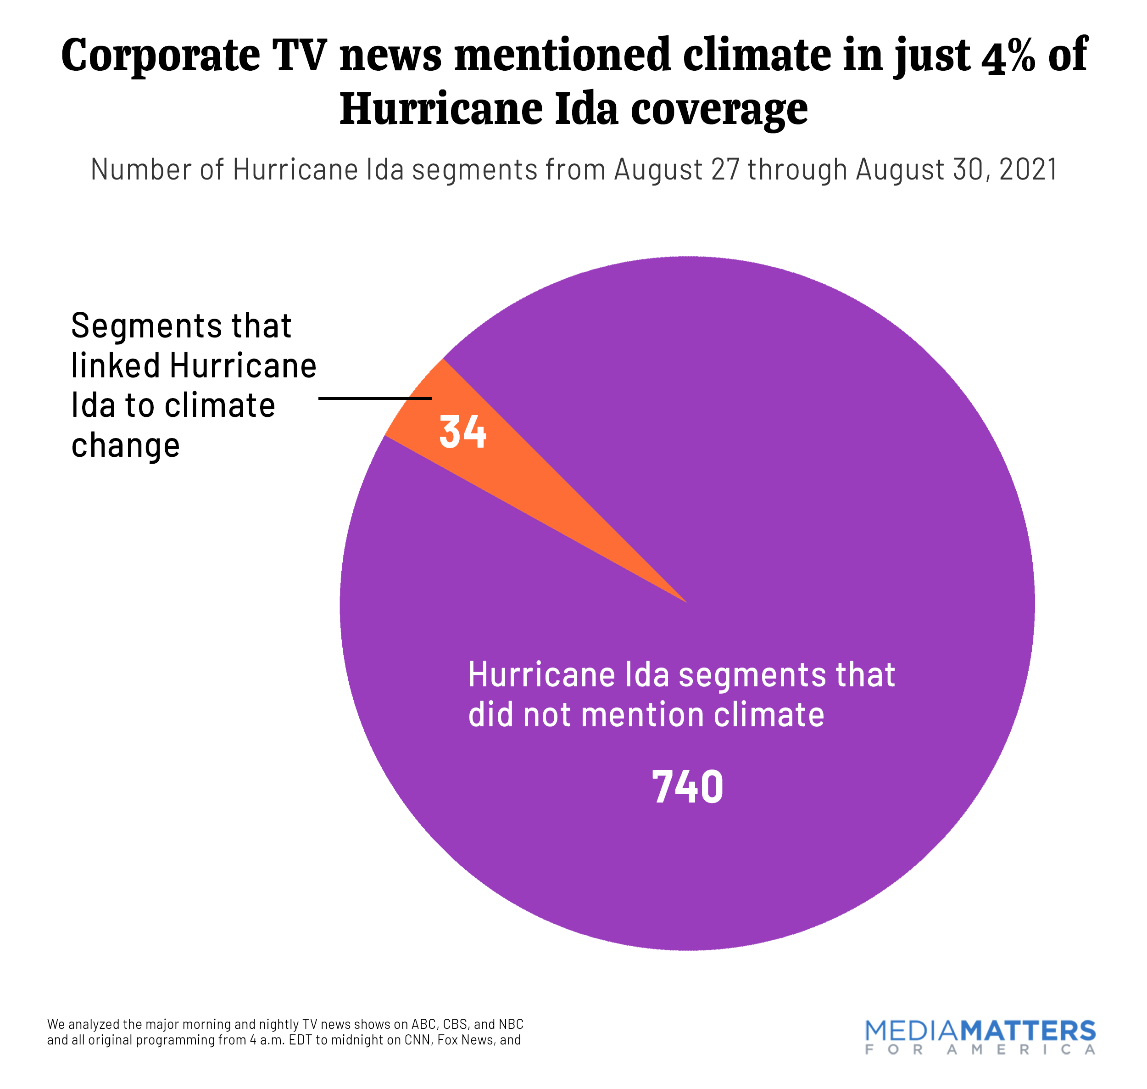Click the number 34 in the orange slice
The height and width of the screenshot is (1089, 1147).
point(462,432)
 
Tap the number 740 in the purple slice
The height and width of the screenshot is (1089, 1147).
point(687,787)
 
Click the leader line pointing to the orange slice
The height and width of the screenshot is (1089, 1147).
point(374,398)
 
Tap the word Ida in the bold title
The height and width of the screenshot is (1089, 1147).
point(586,110)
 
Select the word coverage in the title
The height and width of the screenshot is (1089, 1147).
point(719,110)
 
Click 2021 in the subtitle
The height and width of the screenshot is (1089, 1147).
point(1029,170)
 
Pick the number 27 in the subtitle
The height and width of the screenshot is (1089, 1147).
point(725,170)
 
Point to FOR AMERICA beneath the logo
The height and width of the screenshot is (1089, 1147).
point(980,1050)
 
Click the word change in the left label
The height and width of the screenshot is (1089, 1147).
point(125,446)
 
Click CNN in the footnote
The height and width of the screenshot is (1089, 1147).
point(417,1040)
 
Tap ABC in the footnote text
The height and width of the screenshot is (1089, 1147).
point(423,1024)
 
